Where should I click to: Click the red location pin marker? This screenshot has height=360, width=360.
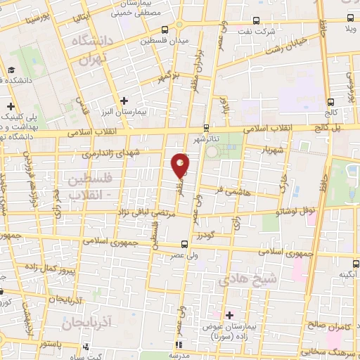[x=181, y=166]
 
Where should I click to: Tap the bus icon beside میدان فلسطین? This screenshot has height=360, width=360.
[x=165, y=30]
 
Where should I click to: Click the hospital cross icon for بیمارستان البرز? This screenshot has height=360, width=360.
[x=125, y=101]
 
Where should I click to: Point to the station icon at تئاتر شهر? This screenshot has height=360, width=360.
[x=205, y=128]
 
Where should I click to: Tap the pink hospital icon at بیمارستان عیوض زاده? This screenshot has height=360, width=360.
[x=228, y=314]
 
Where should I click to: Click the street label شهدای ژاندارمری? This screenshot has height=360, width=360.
[x=110, y=153]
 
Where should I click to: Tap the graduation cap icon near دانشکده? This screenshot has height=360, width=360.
[x=12, y=70]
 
